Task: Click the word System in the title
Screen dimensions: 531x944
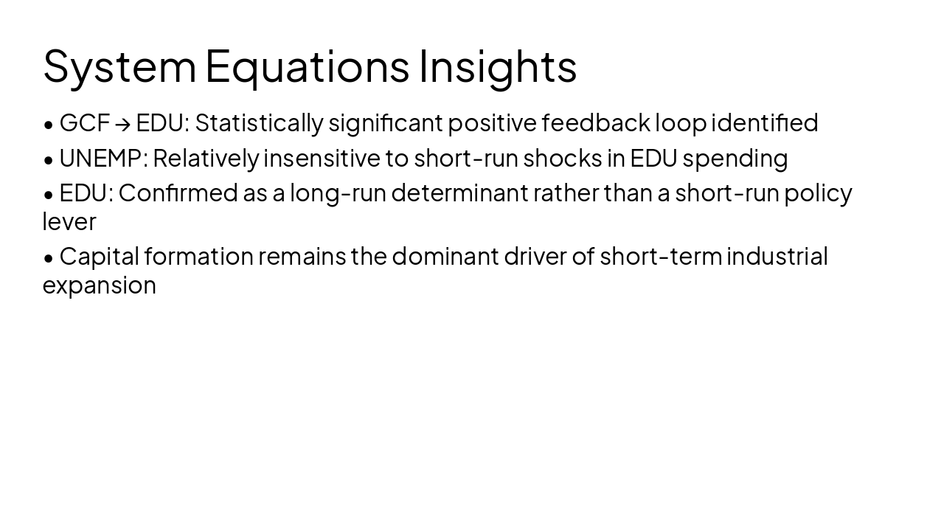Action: coord(119,66)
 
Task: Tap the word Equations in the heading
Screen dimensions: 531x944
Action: coord(306,66)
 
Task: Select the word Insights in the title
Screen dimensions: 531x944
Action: coord(498,66)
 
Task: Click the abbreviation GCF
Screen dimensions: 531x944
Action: coord(84,123)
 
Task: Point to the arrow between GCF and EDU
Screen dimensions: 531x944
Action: coord(123,124)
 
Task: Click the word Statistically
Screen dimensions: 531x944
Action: coord(258,123)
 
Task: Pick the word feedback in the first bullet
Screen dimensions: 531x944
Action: coord(596,123)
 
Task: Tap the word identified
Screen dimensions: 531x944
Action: coord(764,123)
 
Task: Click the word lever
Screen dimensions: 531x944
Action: coord(69,222)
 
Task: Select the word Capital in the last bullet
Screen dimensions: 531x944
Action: coord(99,257)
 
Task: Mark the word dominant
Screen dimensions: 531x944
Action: coord(445,257)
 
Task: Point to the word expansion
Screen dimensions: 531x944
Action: coord(99,286)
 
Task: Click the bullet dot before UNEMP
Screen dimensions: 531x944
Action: coord(49,159)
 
